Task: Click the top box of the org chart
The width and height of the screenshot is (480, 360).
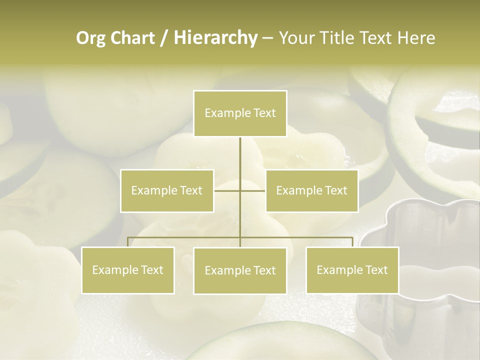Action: click(240, 113)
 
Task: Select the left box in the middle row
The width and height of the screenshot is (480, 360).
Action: click(167, 190)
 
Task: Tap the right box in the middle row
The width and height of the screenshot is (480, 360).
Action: click(311, 190)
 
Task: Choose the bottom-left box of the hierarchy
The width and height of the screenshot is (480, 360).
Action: click(127, 270)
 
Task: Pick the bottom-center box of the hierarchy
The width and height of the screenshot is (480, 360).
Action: click(240, 270)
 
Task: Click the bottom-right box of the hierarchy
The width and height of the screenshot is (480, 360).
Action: click(352, 270)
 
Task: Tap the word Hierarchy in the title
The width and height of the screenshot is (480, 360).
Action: click(215, 38)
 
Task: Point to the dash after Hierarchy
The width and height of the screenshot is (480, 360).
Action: click(267, 38)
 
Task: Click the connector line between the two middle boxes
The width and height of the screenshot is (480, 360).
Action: click(240, 190)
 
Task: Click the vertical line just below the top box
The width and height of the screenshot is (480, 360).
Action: click(240, 150)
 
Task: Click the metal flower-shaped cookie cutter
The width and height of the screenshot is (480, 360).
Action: click(425, 260)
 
